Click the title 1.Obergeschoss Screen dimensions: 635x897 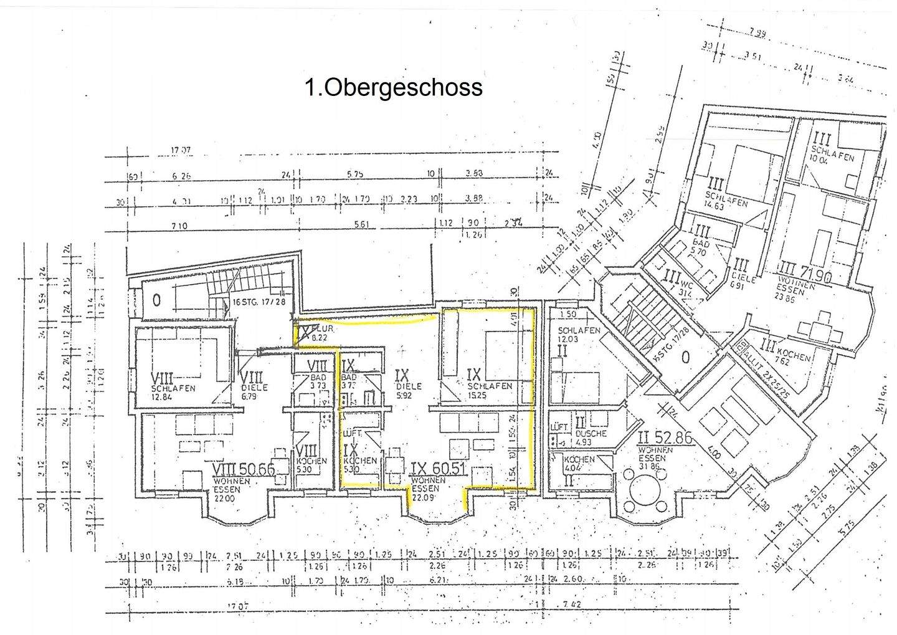tap(394, 87)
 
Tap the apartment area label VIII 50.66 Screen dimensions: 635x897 tap(244, 470)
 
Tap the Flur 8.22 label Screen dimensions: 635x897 tap(318, 333)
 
